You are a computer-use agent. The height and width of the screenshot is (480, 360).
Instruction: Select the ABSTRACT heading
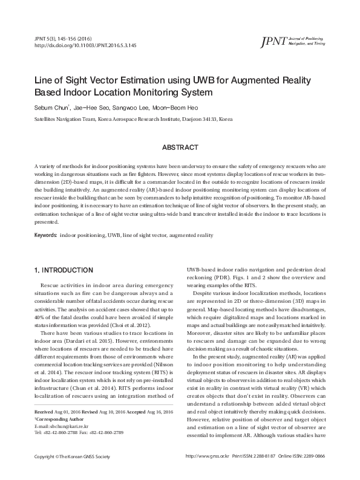180,147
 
